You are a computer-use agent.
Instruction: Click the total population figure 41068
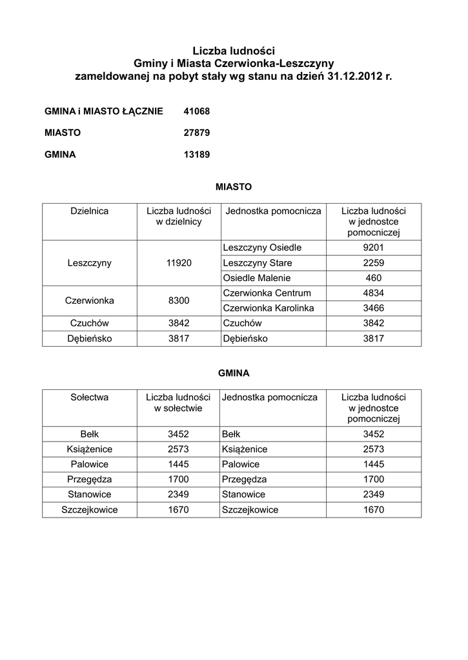(x=197, y=112)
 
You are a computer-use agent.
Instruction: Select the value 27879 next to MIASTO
(x=197, y=133)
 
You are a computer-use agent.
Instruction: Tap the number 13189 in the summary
(x=197, y=155)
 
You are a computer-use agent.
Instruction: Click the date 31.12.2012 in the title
(x=354, y=76)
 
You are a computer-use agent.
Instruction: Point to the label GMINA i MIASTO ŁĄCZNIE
(x=104, y=112)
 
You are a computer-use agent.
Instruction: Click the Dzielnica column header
(x=89, y=211)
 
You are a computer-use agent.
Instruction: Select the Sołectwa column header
(x=89, y=397)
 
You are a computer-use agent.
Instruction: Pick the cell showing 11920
(x=178, y=263)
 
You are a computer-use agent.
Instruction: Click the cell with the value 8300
(x=178, y=300)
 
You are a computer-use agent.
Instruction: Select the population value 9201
(x=373, y=247)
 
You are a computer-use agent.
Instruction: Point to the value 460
(x=373, y=278)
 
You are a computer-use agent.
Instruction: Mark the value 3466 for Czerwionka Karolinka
(x=373, y=308)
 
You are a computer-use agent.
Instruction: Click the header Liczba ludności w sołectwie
(x=178, y=403)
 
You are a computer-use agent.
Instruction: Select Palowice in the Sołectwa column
(x=89, y=464)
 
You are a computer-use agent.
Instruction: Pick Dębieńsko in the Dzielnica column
(x=89, y=338)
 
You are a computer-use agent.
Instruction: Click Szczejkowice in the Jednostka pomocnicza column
(x=250, y=510)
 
